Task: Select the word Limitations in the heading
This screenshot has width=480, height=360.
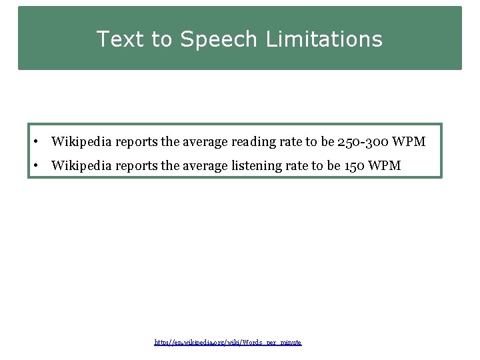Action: pos(324,39)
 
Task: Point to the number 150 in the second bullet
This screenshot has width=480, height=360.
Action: pos(353,165)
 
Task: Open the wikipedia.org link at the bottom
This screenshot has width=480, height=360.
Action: pos(228,342)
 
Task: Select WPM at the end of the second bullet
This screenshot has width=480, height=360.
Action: pos(385,165)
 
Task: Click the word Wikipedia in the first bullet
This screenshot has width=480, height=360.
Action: pos(81,141)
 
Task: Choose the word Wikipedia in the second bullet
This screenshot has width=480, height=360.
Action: pos(81,165)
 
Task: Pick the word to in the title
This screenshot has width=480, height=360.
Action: pos(161,39)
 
